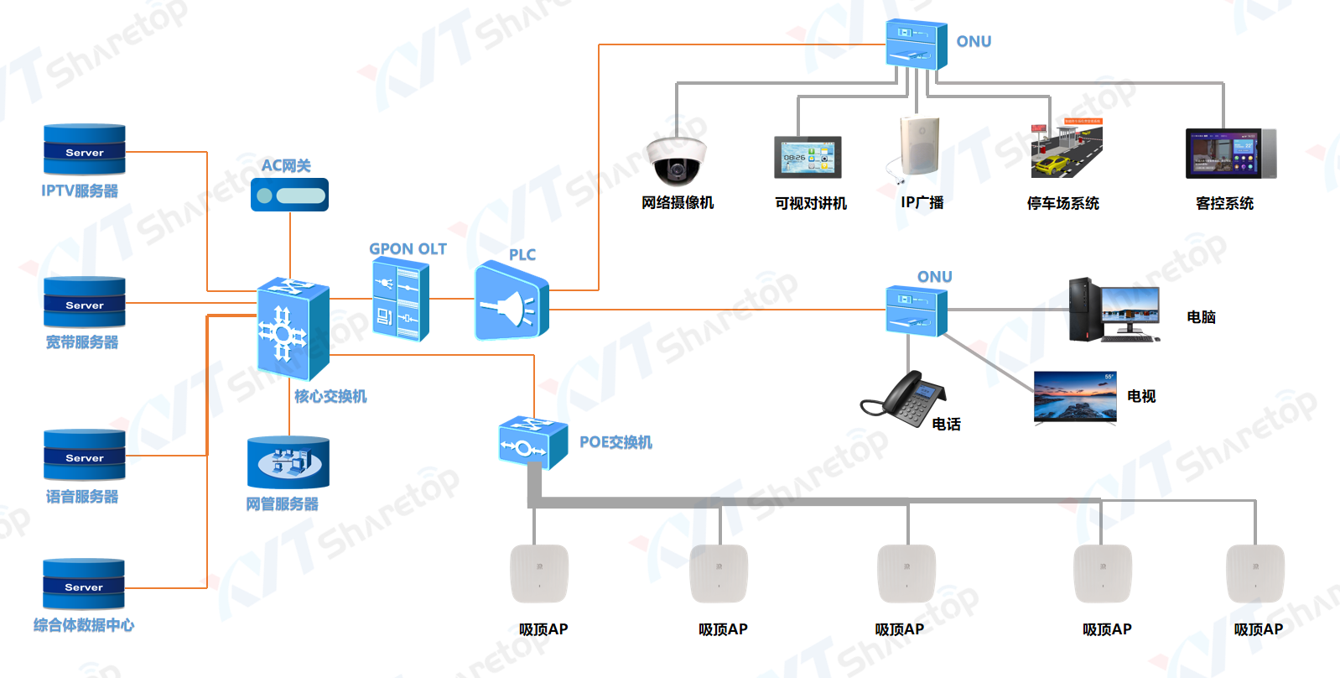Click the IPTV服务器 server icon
click(85, 149)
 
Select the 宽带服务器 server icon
click(85, 302)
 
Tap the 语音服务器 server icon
click(85, 455)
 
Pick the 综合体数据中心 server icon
click(84, 584)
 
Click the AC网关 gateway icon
click(289, 195)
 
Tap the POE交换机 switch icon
click(532, 442)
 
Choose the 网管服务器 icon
click(288, 462)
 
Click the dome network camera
click(677, 159)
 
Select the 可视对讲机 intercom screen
click(808, 157)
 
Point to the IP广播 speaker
click(919, 148)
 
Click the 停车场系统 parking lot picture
click(1066, 149)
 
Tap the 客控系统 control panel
click(1230, 154)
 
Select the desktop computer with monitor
click(1114, 310)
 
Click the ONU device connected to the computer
click(916, 310)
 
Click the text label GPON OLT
click(408, 249)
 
